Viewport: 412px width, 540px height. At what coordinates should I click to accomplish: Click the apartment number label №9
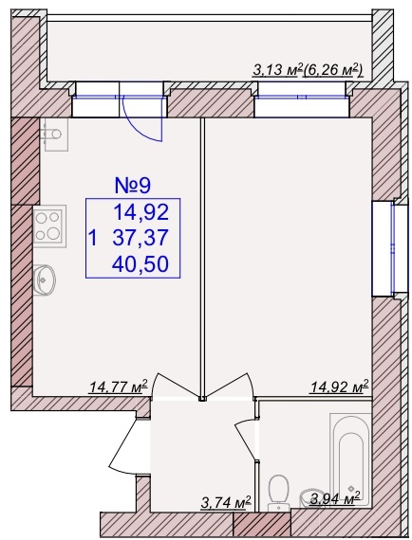pyautogui.click(x=133, y=186)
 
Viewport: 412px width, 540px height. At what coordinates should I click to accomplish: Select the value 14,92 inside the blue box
pyautogui.click(x=141, y=212)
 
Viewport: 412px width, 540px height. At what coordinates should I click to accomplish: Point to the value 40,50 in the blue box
pyautogui.click(x=141, y=263)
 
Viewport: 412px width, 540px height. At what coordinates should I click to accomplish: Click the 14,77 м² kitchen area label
pyautogui.click(x=119, y=387)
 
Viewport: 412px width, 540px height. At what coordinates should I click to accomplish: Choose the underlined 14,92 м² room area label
pyautogui.click(x=340, y=387)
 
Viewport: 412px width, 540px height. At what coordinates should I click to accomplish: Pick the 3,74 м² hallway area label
pyautogui.click(x=226, y=503)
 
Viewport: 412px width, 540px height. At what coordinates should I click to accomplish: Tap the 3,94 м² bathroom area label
pyautogui.click(x=335, y=497)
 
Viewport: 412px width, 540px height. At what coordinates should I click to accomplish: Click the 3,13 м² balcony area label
pyautogui.click(x=278, y=70)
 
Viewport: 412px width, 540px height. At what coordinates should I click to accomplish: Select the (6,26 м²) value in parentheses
pyautogui.click(x=333, y=70)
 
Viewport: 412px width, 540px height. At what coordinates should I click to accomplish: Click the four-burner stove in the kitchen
pyautogui.click(x=49, y=226)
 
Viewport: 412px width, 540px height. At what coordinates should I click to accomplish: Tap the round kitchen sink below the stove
pyautogui.click(x=45, y=280)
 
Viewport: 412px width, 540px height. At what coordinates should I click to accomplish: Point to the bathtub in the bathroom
pyautogui.click(x=349, y=456)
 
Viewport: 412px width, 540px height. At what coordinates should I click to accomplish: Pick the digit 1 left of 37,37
pyautogui.click(x=92, y=239)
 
